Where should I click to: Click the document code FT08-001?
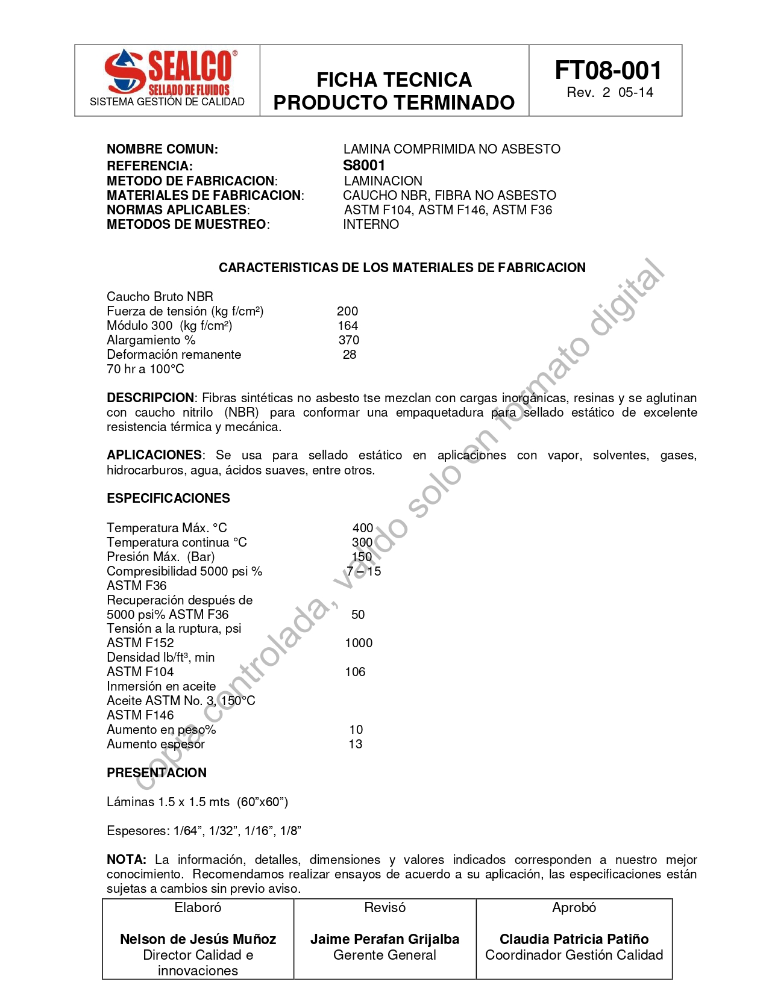[x=607, y=70]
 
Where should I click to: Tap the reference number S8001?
[x=364, y=166]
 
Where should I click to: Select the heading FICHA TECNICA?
[x=394, y=80]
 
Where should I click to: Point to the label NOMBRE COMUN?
[x=162, y=149]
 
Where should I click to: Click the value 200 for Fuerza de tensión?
[x=347, y=311]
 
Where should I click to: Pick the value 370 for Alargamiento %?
[x=348, y=340]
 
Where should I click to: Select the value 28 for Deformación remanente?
[x=350, y=355]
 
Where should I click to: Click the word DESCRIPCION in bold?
[x=150, y=398]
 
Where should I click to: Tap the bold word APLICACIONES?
[x=154, y=455]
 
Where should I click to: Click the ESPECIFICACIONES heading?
[x=168, y=499]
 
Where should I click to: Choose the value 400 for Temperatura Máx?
[x=363, y=528]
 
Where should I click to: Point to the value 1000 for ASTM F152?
[x=359, y=643]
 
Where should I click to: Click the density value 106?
[x=355, y=672]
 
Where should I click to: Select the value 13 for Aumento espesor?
[x=356, y=744]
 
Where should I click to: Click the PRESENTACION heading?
[x=157, y=773]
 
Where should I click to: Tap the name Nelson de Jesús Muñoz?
[x=198, y=939]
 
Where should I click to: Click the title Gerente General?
[x=384, y=955]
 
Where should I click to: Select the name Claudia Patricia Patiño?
[x=574, y=939]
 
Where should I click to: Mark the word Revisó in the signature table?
[x=384, y=908]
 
